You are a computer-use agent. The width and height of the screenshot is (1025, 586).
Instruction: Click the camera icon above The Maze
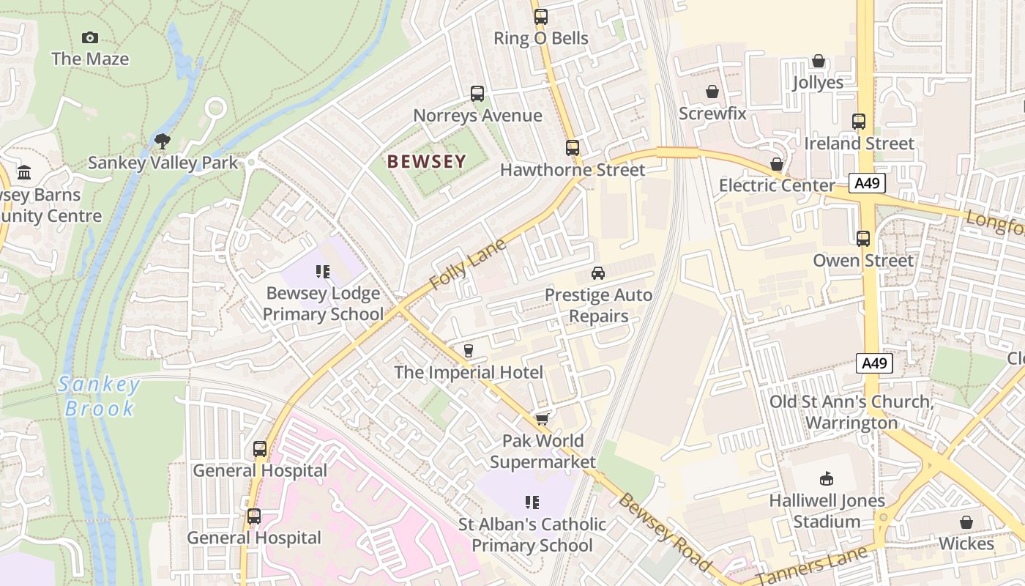[90, 37]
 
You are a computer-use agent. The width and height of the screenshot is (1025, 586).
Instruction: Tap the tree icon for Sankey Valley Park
[163, 141]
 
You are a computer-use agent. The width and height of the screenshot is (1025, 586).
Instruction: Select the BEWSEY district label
[426, 161]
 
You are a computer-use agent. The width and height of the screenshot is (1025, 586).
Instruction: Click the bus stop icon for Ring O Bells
[541, 16]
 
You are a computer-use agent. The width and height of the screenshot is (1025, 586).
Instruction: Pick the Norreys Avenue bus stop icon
[477, 93]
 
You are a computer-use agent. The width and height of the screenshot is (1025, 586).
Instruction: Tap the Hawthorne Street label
[573, 170]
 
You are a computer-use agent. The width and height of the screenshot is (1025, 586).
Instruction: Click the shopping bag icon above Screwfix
[712, 92]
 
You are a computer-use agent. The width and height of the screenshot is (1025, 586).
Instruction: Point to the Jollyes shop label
[818, 82]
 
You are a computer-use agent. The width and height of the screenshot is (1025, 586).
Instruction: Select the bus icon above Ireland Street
[859, 121]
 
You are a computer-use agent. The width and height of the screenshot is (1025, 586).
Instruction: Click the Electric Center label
[777, 185]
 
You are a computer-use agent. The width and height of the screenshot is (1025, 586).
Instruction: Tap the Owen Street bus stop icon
[863, 238]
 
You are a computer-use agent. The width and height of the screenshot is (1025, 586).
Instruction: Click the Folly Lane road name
[468, 264]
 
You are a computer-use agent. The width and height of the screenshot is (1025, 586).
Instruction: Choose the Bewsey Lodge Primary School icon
[323, 272]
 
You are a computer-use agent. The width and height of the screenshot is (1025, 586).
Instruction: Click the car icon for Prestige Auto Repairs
[598, 273]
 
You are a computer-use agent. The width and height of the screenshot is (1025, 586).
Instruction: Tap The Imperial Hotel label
[469, 372]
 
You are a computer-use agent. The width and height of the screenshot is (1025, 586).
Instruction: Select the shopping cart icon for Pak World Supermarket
[542, 418]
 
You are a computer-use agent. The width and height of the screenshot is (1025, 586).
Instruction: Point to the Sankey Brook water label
[100, 396]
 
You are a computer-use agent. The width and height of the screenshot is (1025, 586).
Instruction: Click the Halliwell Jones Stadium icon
[827, 479]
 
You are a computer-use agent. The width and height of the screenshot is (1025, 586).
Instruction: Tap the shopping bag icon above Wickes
[966, 522]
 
